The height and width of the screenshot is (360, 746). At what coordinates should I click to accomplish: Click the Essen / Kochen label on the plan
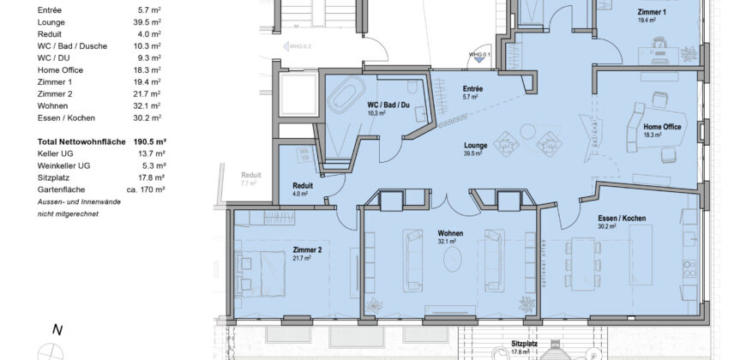point(622,219)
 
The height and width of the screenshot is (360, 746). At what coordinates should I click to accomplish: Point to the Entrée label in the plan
point(472,89)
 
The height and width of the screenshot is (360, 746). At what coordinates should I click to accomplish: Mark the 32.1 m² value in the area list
point(151,105)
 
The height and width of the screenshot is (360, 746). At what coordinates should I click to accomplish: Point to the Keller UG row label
point(56,153)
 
